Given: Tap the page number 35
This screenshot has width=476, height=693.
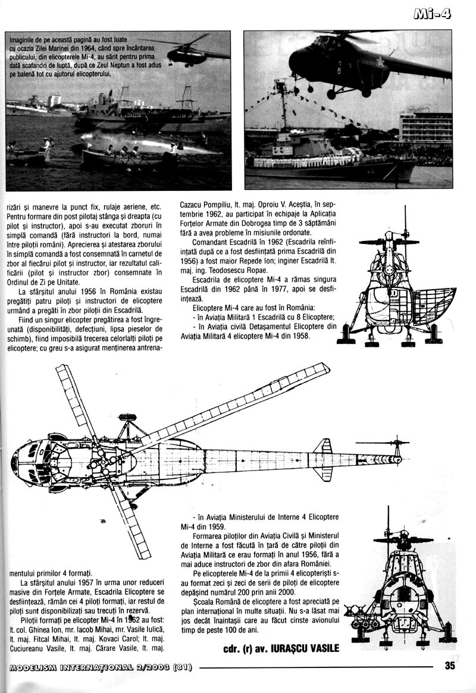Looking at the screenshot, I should [x=450, y=666].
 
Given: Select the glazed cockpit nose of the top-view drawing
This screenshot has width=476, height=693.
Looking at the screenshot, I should [x=27, y=461].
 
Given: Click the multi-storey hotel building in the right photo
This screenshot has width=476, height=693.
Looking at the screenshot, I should [x=425, y=128].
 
